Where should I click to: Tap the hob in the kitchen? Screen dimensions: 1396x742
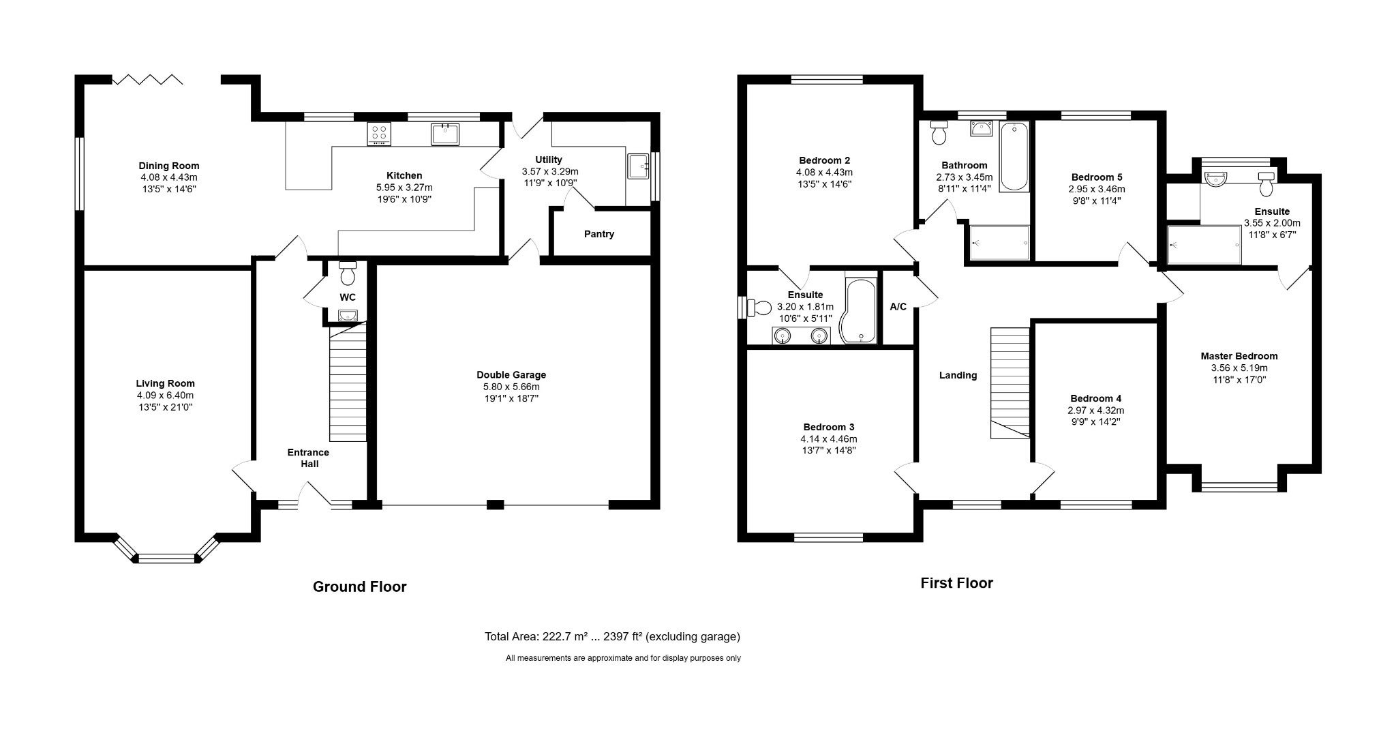click(x=379, y=134)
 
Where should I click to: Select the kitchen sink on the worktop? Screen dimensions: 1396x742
click(x=444, y=134)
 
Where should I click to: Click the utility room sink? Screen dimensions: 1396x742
click(x=639, y=166)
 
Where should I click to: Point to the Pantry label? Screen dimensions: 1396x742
click(x=599, y=234)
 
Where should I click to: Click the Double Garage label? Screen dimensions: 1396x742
click(x=511, y=374)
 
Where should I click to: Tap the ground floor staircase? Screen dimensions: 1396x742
click(x=348, y=383)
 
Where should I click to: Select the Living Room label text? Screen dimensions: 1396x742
click(x=165, y=383)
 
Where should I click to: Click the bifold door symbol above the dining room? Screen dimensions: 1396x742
click(x=148, y=80)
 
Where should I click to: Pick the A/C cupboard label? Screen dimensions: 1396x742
click(x=898, y=307)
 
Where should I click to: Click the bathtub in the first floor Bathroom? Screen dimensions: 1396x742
click(x=1014, y=157)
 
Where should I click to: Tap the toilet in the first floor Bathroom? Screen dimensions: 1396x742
click(x=940, y=132)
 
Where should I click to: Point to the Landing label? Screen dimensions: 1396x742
click(x=958, y=375)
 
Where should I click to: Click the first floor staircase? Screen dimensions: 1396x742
click(x=1010, y=383)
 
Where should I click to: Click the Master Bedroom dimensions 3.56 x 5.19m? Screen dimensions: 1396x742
click(x=1239, y=368)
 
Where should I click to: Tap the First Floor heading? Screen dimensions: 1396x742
click(x=956, y=583)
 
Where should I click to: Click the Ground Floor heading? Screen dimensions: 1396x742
click(x=359, y=587)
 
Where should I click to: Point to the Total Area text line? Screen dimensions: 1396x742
click(x=612, y=636)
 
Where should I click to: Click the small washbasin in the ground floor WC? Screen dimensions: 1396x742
click(x=348, y=315)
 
